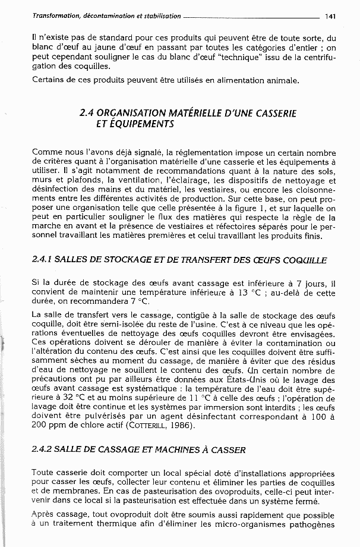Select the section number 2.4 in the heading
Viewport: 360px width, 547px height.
click(87, 112)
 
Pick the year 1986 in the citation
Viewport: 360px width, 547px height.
click(181, 426)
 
